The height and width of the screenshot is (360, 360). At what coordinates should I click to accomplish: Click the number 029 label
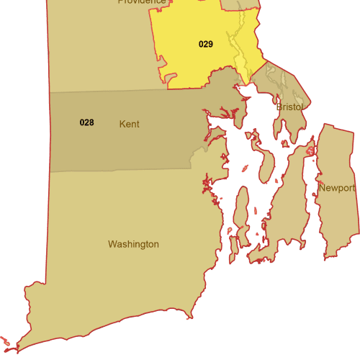pyautogui.click(x=206, y=44)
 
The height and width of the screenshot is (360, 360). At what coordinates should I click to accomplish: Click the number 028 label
pyautogui.click(x=86, y=122)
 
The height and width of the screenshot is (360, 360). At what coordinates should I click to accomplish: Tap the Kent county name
pyautogui.click(x=129, y=124)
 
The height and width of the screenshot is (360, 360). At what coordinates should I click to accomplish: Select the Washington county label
pyautogui.click(x=133, y=244)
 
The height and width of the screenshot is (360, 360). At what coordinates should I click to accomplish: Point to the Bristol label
pyautogui.click(x=289, y=107)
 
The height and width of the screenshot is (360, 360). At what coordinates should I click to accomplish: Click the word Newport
pyautogui.click(x=337, y=188)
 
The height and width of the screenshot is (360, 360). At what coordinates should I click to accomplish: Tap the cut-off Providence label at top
pyautogui.click(x=142, y=2)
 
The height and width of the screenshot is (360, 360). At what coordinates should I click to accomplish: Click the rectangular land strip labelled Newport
pyautogui.click(x=335, y=216)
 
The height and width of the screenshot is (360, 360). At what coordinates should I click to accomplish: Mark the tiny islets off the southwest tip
pyautogui.click(x=6, y=341)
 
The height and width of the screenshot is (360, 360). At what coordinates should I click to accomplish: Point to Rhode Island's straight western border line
pyautogui.click(x=48, y=216)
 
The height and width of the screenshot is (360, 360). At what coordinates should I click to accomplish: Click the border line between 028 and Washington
pyautogui.click(x=115, y=171)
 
